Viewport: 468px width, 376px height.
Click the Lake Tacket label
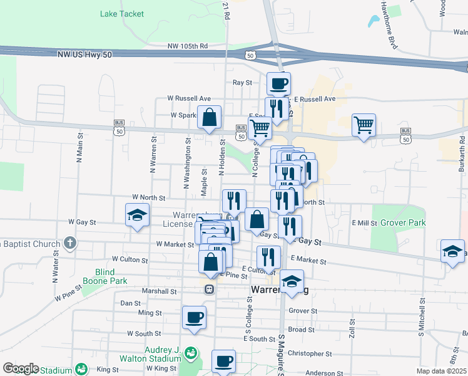click(122, 14)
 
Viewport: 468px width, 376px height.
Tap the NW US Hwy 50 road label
click(84, 55)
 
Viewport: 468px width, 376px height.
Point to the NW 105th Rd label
click(187, 46)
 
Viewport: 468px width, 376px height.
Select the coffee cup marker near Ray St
click(278, 83)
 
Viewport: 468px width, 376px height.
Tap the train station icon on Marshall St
click(210, 290)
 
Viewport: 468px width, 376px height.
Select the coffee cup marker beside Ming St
click(194, 317)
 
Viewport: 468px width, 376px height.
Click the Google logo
click(21, 368)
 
